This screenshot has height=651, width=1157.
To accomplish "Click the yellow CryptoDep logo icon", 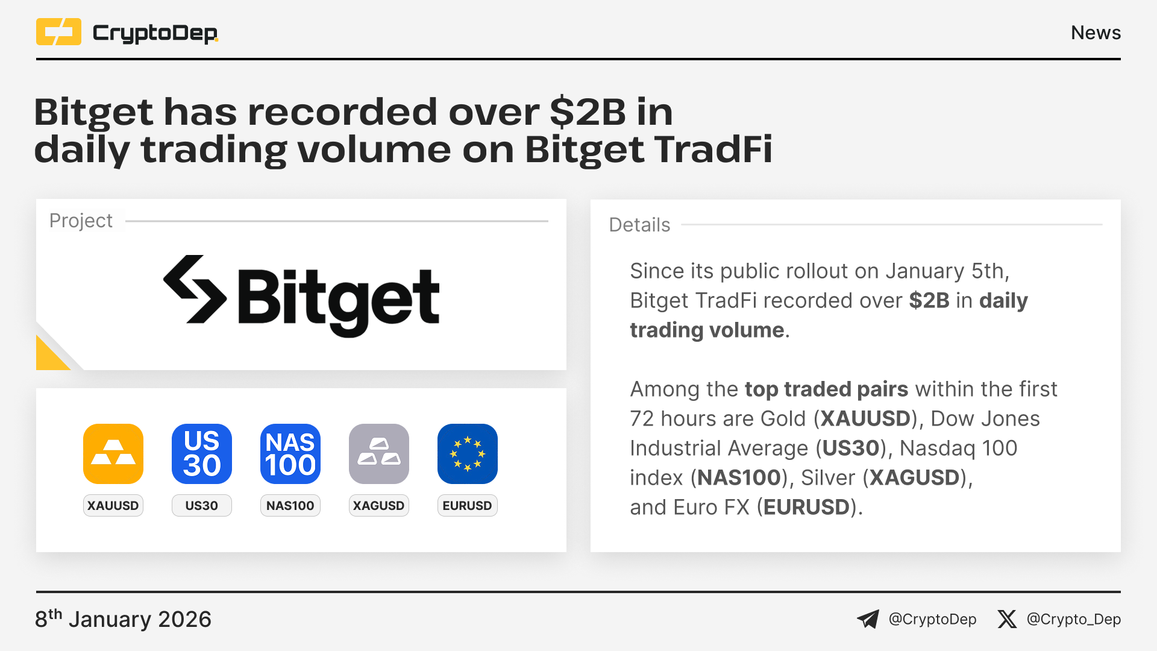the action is tap(58, 32).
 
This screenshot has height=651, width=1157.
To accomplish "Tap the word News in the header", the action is tap(1096, 33).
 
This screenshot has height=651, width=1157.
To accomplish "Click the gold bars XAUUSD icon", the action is tap(113, 454).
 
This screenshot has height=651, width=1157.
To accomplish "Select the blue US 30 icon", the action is tap(202, 454).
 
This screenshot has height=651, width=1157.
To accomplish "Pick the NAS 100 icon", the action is tap(290, 454).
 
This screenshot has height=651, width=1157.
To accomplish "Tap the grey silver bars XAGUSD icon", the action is tap(379, 454).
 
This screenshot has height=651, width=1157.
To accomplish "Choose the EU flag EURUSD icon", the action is tap(468, 454).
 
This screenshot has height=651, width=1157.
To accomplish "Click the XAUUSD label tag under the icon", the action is tap(113, 506).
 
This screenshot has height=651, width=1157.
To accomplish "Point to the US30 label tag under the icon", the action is tap(202, 506).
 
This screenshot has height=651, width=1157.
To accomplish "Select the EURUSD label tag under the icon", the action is tap(468, 506).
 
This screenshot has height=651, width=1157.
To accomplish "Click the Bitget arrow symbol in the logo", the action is tap(195, 289).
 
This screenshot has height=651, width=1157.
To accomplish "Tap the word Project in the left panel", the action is tap(81, 221).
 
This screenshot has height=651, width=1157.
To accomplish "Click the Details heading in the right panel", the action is tap(639, 225).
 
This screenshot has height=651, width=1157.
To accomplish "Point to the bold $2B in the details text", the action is tap(929, 300).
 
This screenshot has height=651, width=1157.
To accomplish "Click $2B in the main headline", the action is tap(588, 112).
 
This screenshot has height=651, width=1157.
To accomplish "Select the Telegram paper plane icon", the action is tap(868, 619).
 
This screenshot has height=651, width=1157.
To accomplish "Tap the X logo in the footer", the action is tap(1007, 619).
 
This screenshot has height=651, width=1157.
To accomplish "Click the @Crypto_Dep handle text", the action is tap(1074, 619).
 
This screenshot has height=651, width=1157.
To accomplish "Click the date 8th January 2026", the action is tap(123, 619).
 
